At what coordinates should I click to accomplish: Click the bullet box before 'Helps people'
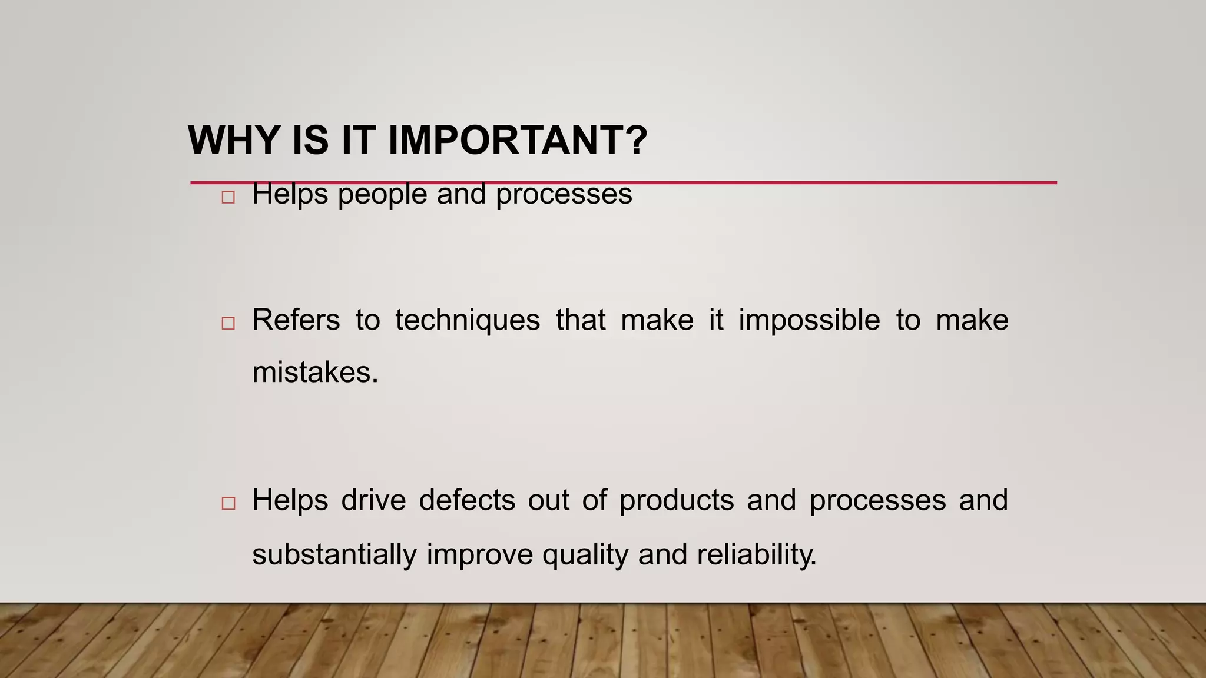pos(228,197)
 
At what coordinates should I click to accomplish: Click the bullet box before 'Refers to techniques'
pos(228,323)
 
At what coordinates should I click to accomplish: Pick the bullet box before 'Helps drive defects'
pos(228,503)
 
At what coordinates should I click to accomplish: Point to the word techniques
pos(468,321)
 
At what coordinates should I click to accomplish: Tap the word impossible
pos(809,321)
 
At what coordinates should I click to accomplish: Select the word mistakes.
pos(315,373)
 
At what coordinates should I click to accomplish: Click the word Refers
pos(296,321)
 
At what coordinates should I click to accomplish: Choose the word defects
pos(467,501)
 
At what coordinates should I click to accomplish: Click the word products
pos(677,501)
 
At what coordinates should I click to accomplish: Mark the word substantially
pos(334,555)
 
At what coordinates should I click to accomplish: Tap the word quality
pos(585,555)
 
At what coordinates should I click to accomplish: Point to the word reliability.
pos(757,555)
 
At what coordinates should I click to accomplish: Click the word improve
pos(479,555)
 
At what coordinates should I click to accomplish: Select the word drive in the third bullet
pos(373,501)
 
